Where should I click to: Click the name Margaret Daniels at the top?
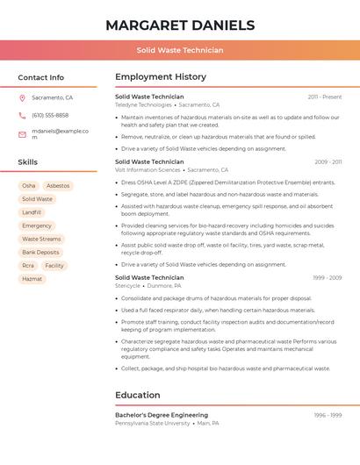click(x=180, y=25)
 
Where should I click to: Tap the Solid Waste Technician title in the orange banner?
click(x=180, y=50)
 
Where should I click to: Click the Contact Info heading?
click(x=41, y=77)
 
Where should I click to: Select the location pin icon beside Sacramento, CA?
click(x=22, y=98)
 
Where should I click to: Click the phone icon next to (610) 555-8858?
click(x=22, y=116)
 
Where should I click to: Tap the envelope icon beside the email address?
click(x=22, y=134)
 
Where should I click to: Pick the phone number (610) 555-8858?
click(x=50, y=116)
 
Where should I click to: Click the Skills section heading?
click(x=28, y=162)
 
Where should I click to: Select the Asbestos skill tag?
click(x=58, y=186)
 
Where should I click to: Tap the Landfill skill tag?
click(x=32, y=212)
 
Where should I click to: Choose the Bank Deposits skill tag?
click(x=40, y=252)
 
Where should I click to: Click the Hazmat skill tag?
click(x=32, y=279)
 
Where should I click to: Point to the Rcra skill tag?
click(x=28, y=266)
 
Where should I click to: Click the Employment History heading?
click(x=161, y=77)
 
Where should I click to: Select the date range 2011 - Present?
click(x=324, y=97)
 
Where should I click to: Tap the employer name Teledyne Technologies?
click(x=143, y=104)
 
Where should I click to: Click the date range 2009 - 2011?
click(x=328, y=162)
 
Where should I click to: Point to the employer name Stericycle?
click(x=127, y=285)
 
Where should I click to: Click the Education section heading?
click(x=137, y=395)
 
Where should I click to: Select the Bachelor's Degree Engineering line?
click(x=162, y=415)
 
